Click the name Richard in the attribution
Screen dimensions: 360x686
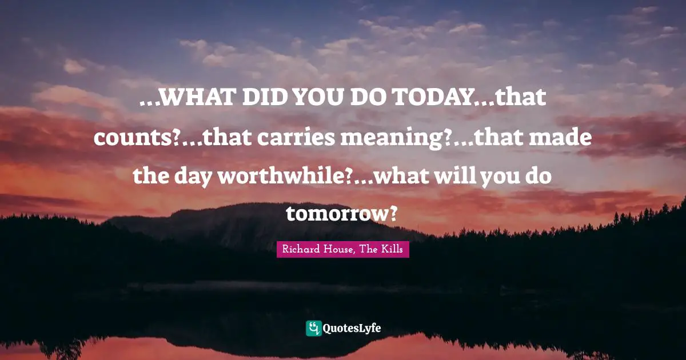pyautogui.click(x=300, y=249)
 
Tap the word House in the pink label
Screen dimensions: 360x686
pyautogui.click(x=340, y=249)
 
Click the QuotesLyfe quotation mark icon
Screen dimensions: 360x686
pyautogui.click(x=313, y=328)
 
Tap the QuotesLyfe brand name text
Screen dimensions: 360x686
pyautogui.click(x=352, y=329)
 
